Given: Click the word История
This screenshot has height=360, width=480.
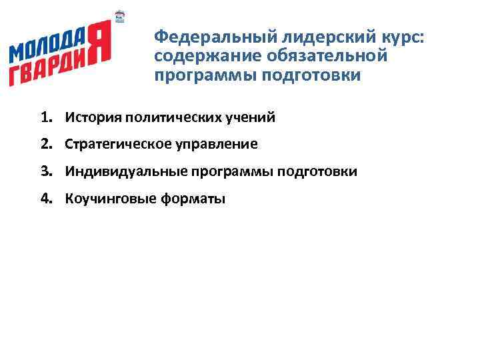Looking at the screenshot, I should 91,118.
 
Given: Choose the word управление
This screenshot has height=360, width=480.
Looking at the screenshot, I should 215,145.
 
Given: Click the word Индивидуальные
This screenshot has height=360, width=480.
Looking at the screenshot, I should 127,172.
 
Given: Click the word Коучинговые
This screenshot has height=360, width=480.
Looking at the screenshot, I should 109,199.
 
